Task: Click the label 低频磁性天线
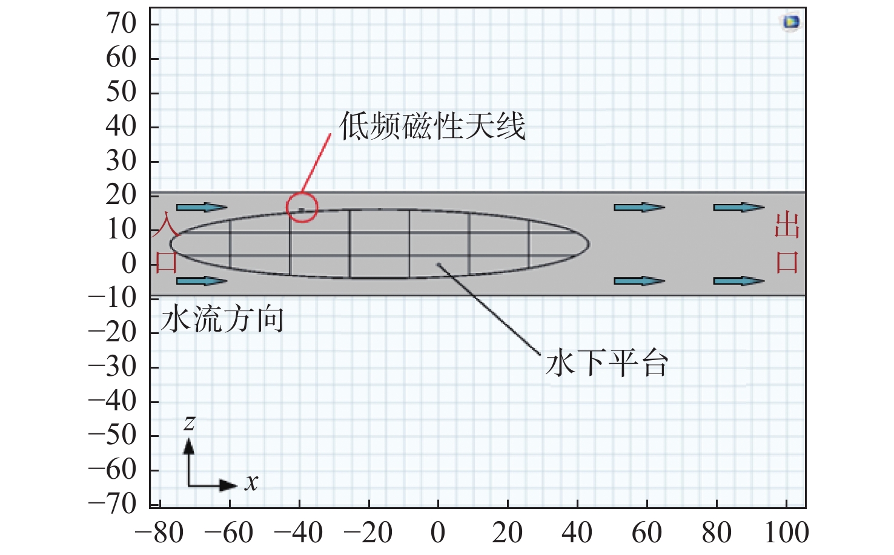(432, 126)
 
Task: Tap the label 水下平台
(607, 363)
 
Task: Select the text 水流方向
(222, 319)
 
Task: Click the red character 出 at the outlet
(787, 226)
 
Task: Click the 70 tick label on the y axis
(121, 24)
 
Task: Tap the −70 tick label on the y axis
(113, 504)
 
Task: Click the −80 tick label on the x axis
(159, 532)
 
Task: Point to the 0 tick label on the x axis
(438, 532)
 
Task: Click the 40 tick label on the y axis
(121, 126)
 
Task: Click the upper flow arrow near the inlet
(202, 208)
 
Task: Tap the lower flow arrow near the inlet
(202, 281)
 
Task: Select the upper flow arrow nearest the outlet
(739, 208)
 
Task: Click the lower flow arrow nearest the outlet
(739, 281)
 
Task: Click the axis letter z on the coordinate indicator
(189, 422)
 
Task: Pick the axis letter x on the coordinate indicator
(251, 482)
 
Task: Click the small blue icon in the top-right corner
(790, 22)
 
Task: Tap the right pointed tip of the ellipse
(589, 244)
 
